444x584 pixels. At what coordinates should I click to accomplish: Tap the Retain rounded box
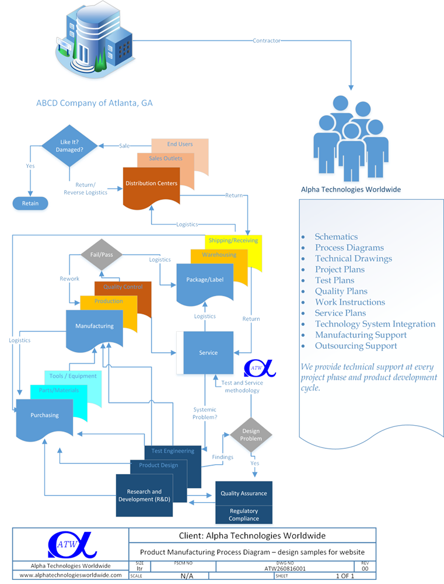pos(30,203)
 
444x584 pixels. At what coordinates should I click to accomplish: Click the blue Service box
pos(208,353)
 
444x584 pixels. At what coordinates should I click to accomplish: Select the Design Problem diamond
pos(251,435)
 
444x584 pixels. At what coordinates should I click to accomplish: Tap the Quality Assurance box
pos(243,493)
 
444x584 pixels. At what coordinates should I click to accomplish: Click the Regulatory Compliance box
pos(243,515)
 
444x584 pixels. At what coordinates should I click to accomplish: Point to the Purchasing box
pos(45,416)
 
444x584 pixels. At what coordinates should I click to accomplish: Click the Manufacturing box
pos(95,326)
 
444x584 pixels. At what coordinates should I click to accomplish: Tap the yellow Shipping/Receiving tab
pos(233,241)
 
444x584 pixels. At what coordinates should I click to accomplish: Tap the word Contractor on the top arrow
pos(266,41)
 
